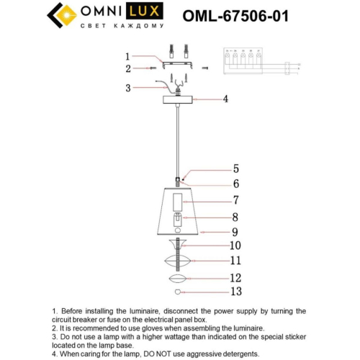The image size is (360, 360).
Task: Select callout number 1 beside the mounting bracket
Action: (127, 56)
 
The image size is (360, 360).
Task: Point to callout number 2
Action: (127, 69)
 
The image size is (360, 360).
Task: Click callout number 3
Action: (127, 88)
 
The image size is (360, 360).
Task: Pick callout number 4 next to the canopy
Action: (225, 99)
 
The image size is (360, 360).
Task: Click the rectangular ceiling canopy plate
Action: (178, 99)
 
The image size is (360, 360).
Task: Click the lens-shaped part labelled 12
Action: (178, 278)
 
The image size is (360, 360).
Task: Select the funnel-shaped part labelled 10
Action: (178, 246)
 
